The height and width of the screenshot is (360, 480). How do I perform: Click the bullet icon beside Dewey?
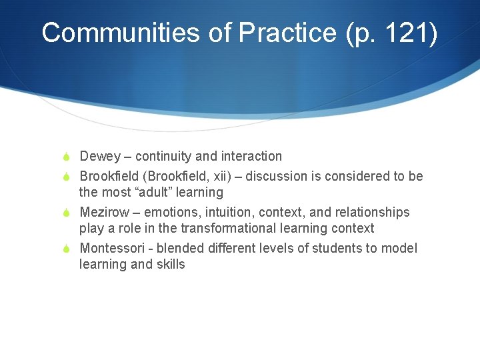(x=67, y=157)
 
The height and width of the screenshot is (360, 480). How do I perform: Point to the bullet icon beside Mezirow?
(x=67, y=213)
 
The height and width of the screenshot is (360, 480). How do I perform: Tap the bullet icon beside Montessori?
(x=67, y=249)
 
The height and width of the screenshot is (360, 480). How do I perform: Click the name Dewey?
(x=100, y=157)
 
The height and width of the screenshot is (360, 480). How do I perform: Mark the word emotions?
(x=171, y=213)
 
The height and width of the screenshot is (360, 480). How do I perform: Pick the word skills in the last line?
(x=171, y=265)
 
